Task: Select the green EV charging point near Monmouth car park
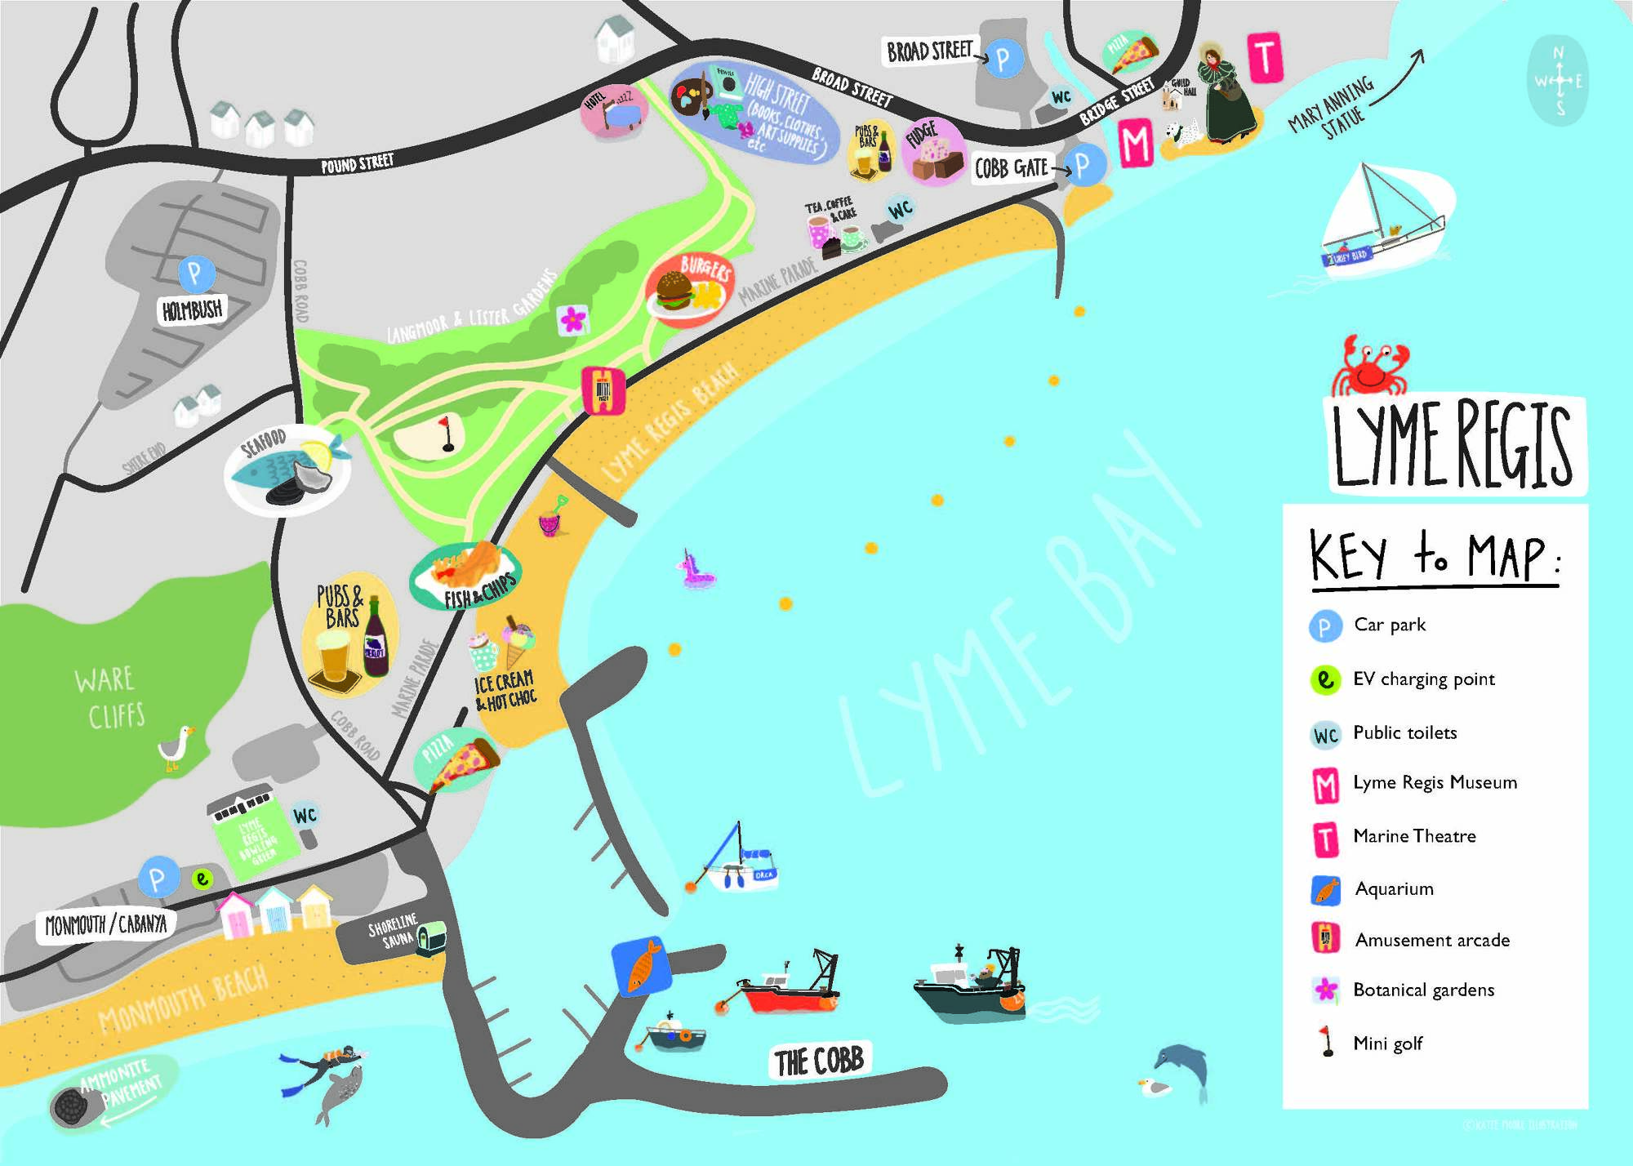point(202,879)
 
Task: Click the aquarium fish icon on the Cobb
point(642,966)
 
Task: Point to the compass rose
point(1558,81)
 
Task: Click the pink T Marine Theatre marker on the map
point(1265,57)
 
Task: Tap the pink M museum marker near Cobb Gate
point(1135,144)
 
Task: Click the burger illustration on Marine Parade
point(677,290)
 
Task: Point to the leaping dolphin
point(1181,1066)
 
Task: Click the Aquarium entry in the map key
point(1394,888)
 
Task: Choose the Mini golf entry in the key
point(1387,1043)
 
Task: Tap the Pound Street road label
point(357,163)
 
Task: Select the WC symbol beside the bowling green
point(305,816)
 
